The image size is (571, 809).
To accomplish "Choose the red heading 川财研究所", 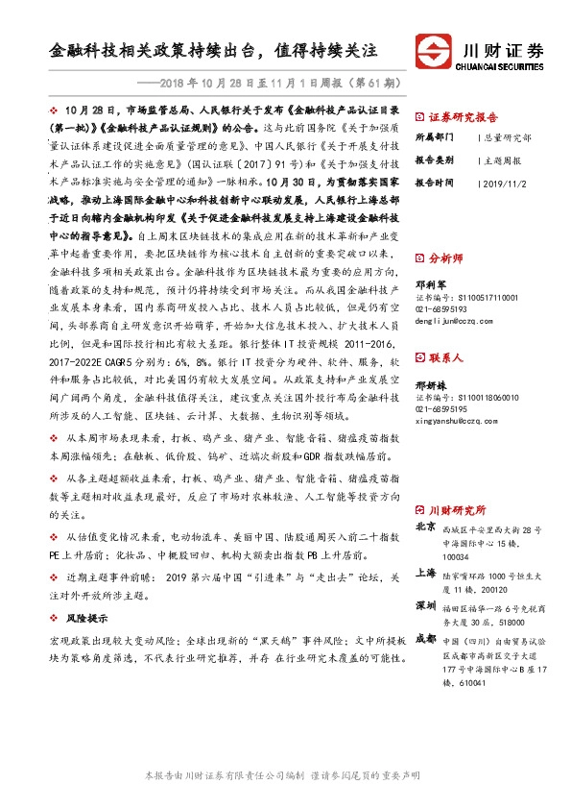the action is (457, 509).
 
